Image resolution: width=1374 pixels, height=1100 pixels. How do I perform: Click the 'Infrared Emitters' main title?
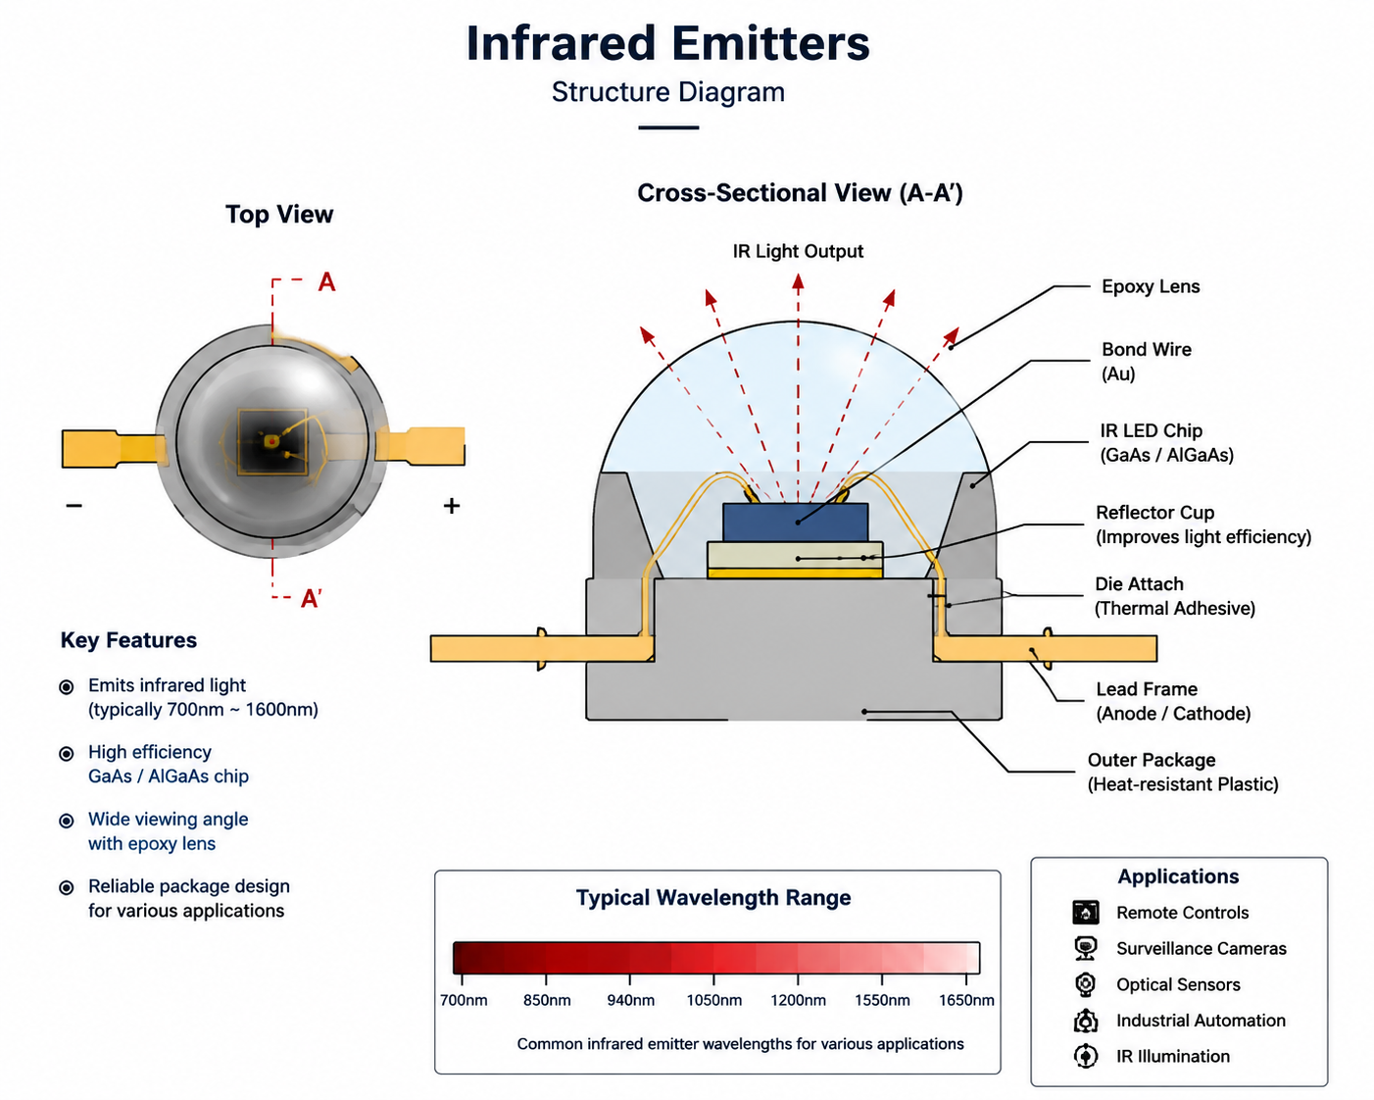tap(667, 43)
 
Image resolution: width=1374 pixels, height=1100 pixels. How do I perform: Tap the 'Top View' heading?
tap(279, 214)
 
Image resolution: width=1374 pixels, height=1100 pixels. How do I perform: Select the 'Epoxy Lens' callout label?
tap(1151, 286)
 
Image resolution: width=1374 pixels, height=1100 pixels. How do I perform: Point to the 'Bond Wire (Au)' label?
tap(1147, 361)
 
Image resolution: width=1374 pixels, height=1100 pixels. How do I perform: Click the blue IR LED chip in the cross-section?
tap(796, 522)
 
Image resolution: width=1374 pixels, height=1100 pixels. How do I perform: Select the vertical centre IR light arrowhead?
tap(798, 283)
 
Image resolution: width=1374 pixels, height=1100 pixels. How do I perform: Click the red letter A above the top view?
tap(327, 281)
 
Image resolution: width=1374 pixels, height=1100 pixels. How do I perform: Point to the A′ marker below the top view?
tap(312, 599)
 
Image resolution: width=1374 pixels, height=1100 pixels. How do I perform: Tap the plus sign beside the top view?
tap(452, 506)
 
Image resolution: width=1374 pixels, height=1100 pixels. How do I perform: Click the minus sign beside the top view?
tap(74, 506)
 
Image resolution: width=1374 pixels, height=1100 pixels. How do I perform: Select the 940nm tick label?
tap(630, 1000)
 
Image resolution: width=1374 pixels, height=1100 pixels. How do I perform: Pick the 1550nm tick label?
tap(882, 1000)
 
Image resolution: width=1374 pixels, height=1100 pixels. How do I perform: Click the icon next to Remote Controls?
tap(1086, 912)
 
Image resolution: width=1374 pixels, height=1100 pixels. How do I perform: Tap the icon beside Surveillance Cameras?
tap(1086, 949)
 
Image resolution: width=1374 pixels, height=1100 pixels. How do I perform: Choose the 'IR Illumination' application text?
tap(1173, 1056)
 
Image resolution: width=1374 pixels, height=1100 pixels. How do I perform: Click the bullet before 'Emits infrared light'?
tap(67, 686)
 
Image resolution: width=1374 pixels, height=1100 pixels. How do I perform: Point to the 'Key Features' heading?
tap(128, 640)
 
